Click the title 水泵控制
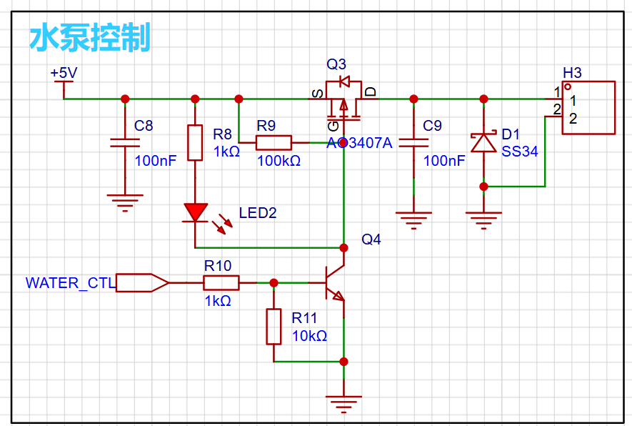point(90,37)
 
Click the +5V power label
point(64,74)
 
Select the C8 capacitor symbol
point(125,143)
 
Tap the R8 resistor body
point(195,142)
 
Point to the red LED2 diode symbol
point(195,212)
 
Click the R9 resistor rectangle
point(274,142)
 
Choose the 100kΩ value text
point(279,162)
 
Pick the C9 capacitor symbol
point(413,143)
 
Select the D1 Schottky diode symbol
point(484,142)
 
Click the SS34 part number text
point(520,152)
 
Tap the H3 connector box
point(588,107)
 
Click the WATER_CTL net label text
point(70,283)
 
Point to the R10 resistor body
point(221,283)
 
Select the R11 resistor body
point(274,327)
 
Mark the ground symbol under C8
point(125,200)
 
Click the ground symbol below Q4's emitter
point(343,403)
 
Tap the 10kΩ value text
point(310,336)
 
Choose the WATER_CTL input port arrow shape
point(142,283)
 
